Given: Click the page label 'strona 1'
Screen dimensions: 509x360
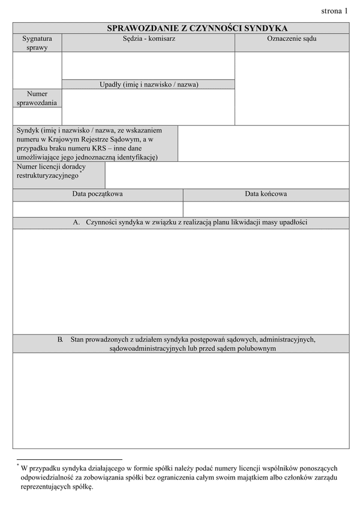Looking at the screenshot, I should point(334,11).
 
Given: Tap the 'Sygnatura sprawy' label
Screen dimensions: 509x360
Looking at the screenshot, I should point(37,43).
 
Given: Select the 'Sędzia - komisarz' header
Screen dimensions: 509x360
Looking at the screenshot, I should point(148,38).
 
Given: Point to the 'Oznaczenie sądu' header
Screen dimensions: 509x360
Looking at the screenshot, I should point(292,38).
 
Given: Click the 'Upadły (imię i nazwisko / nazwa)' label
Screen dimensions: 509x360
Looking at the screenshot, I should point(148,85).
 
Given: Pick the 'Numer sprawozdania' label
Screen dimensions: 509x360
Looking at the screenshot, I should point(37,98).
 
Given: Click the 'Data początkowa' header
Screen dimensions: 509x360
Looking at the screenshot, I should point(98,194).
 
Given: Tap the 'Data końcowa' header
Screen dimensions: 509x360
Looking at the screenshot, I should point(266,194).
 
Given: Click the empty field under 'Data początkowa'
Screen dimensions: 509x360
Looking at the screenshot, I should point(98,209).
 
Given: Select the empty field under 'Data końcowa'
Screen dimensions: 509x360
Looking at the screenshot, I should point(266,209).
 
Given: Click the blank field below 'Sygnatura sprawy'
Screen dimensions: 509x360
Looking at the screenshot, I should point(37,70).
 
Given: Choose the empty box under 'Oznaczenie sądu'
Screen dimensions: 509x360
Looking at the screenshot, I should point(292,88).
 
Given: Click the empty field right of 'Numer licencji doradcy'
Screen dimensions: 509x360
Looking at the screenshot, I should point(227,175).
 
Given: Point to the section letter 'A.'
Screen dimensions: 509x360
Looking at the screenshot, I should point(76,222).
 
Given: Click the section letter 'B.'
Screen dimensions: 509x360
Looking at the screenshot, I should point(61,339).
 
